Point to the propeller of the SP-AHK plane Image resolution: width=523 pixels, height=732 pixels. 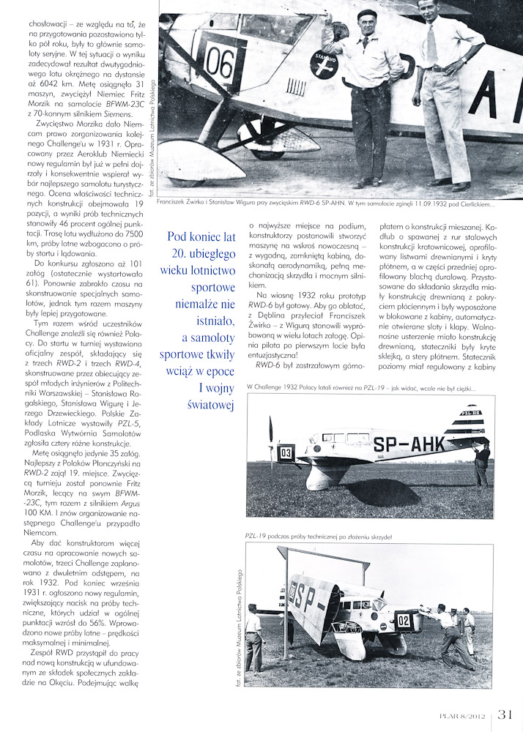coord(272,448)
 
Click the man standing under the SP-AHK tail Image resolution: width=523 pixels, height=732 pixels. coord(481,464)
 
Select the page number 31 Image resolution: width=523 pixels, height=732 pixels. coord(509,714)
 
